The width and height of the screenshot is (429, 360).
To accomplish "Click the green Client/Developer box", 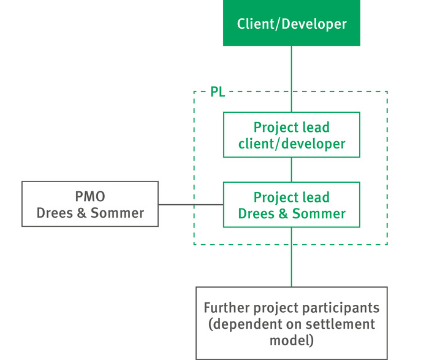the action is [x=291, y=23].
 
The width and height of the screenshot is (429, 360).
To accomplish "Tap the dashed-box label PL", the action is [x=218, y=92].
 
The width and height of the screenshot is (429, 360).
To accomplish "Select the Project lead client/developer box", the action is [x=291, y=135].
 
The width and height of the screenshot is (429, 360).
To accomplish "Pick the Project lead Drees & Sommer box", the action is [x=291, y=204].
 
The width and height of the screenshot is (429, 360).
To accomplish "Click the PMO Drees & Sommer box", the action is [x=90, y=204].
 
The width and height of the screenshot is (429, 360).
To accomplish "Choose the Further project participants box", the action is [x=292, y=323].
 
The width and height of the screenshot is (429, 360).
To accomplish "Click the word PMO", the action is [x=90, y=197].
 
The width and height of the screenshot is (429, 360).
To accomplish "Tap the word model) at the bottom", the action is [x=292, y=340].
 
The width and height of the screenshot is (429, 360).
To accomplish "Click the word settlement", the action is [x=340, y=324].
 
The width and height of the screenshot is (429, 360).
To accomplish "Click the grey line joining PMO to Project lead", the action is [x=191, y=204].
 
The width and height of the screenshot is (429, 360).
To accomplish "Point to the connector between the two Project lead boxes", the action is [x=291, y=170].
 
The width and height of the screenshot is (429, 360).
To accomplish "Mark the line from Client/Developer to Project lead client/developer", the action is [x=291, y=79].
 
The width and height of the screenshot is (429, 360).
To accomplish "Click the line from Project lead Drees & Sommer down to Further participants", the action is [x=291, y=257].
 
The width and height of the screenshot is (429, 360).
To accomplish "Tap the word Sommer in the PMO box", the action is [x=118, y=213].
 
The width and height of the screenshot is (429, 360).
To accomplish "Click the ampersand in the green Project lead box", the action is [x=283, y=213].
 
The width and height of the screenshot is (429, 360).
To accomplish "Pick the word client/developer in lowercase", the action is [x=292, y=144].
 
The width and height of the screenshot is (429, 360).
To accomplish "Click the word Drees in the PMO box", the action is [x=55, y=213].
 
